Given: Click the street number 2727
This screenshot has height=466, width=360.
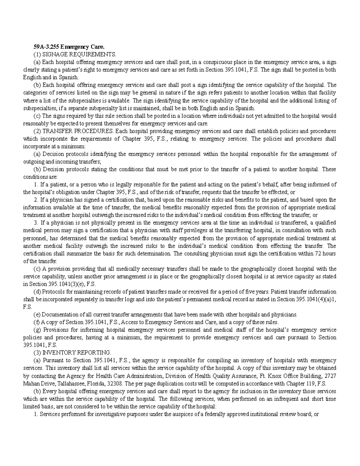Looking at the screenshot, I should click(x=330, y=376).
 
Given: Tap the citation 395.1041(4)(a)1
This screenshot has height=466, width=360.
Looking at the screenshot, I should click(x=316, y=299).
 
